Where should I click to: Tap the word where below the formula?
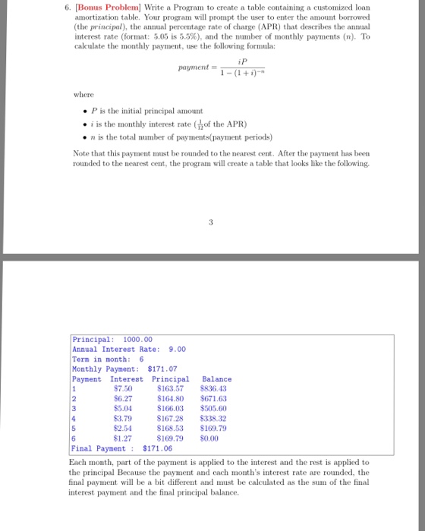[x=83, y=95]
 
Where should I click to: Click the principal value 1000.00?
[x=137, y=339]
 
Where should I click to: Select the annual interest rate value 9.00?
[x=176, y=349]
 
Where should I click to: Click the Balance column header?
[x=217, y=379]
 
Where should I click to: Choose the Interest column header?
[x=127, y=379]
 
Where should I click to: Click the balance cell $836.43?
[x=215, y=388]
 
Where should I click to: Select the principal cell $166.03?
[x=170, y=408]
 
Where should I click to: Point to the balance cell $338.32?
[x=215, y=418]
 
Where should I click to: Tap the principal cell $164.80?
[x=170, y=398]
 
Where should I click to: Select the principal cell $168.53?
[x=170, y=428]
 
